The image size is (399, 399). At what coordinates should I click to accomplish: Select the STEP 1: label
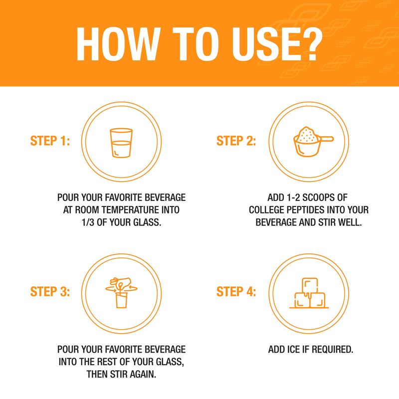[x=50, y=141]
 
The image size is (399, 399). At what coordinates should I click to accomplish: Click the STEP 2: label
[x=236, y=141]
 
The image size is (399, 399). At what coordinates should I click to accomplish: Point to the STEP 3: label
[x=50, y=291]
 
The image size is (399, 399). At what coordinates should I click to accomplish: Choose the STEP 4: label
[x=236, y=291]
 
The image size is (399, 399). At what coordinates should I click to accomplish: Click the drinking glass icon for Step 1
[x=121, y=143]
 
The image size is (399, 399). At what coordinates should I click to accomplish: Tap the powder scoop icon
[x=313, y=142]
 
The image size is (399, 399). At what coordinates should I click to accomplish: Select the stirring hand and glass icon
[x=121, y=293]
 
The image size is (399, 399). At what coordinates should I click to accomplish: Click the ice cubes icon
[x=309, y=293]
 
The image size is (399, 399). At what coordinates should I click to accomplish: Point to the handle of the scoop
[x=327, y=139]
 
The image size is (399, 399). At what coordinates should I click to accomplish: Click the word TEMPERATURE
[x=131, y=210]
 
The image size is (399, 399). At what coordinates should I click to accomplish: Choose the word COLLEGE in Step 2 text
[x=267, y=210]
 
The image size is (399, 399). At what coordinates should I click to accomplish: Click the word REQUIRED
[x=332, y=350]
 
